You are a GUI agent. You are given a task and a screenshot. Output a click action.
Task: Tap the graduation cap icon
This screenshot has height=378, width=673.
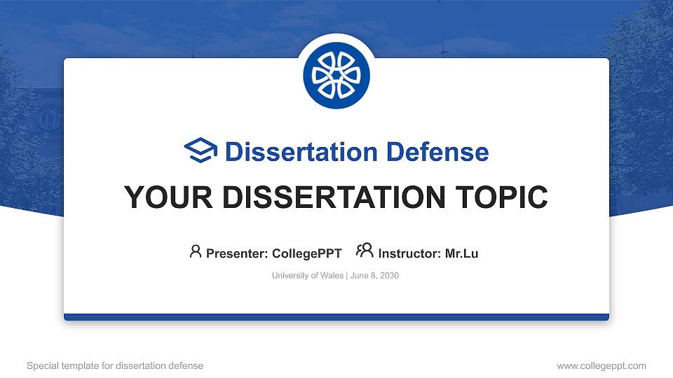click(200, 151)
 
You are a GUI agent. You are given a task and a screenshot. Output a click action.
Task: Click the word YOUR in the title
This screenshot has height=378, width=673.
click(161, 197)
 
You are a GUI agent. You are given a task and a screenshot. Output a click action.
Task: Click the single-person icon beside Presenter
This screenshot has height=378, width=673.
click(196, 251)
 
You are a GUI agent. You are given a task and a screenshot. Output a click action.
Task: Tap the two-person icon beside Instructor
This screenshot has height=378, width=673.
click(365, 251)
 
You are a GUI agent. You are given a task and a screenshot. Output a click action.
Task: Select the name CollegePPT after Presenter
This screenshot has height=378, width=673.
click(308, 253)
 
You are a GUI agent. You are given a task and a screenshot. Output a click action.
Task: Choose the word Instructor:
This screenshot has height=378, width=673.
click(410, 253)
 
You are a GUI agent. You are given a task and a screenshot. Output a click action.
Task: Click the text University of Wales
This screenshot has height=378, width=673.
click(307, 276)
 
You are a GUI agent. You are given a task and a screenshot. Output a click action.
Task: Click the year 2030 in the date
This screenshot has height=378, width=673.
click(388, 276)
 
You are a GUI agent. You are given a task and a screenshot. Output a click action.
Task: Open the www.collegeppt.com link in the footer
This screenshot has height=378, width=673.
click(601, 365)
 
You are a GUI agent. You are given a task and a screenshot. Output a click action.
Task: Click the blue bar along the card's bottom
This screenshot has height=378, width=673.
click(336, 317)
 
